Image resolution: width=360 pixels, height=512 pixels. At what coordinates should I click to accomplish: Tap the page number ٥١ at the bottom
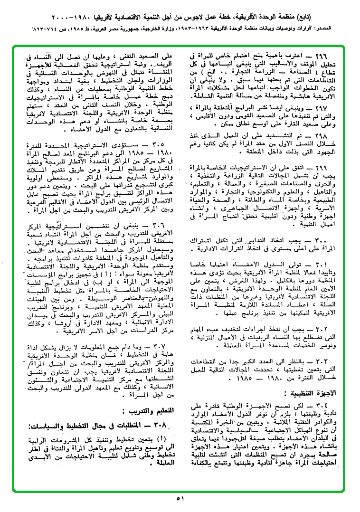pyautogui.click(x=180, y=499)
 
